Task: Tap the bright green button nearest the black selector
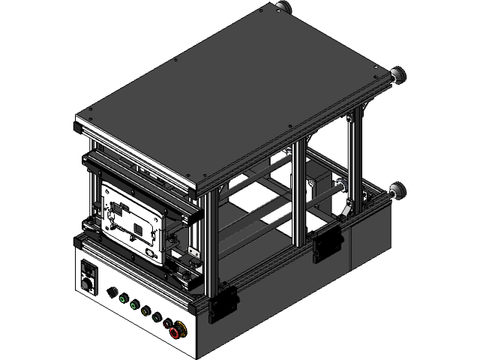point(123,298)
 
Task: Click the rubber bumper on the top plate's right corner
point(398,74)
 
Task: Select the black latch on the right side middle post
point(325,244)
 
